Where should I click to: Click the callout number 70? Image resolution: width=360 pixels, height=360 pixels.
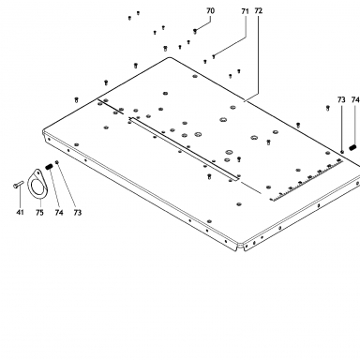pyautogui.click(x=211, y=11)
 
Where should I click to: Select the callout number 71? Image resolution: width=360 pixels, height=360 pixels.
pyautogui.click(x=245, y=11)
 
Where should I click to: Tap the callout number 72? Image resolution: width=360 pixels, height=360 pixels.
pyautogui.click(x=259, y=11)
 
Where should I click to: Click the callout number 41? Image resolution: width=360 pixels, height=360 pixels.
pyautogui.click(x=20, y=213)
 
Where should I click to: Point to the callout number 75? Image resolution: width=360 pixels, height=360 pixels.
pyautogui.click(x=39, y=213)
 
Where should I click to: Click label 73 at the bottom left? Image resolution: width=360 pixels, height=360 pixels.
pyautogui.click(x=78, y=213)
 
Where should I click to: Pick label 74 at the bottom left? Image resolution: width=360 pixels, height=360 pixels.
pyautogui.click(x=59, y=213)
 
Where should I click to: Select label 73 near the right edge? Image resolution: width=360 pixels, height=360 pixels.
pyautogui.click(x=341, y=99)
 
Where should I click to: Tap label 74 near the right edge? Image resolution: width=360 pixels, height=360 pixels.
pyautogui.click(x=355, y=99)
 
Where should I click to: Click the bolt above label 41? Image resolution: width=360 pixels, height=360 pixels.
pyautogui.click(x=19, y=185)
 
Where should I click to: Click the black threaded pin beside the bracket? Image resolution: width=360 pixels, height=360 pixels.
pyautogui.click(x=49, y=167)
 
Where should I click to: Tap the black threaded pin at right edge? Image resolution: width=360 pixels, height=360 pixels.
pyautogui.click(x=353, y=147)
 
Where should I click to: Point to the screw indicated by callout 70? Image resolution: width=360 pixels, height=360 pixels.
pyautogui.click(x=195, y=31)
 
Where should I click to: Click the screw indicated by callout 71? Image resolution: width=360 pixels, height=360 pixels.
pyautogui.click(x=214, y=56)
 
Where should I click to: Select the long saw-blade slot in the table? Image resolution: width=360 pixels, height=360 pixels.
pyautogui.click(x=185, y=149)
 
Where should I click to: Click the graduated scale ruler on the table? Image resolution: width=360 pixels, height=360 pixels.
pyautogui.click(x=307, y=180)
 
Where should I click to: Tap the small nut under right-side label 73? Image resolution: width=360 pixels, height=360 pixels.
pyautogui.click(x=342, y=152)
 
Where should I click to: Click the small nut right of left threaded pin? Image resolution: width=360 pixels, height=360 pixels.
pyautogui.click(x=57, y=162)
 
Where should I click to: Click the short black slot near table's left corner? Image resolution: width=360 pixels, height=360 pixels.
pyautogui.click(x=111, y=107)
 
